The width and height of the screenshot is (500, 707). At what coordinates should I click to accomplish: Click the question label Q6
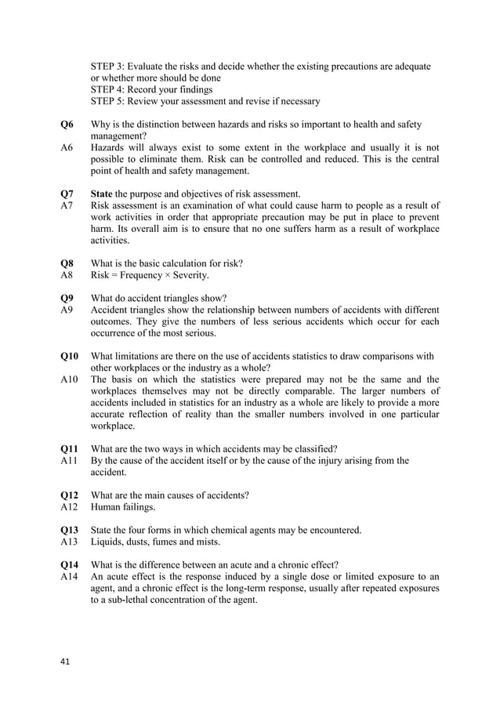(67, 125)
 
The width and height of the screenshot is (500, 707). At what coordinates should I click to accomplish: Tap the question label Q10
(70, 356)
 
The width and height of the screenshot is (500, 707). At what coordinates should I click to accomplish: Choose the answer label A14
(69, 577)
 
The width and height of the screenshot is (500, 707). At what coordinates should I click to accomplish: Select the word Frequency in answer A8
(143, 275)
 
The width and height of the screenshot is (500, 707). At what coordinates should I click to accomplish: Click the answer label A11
(69, 461)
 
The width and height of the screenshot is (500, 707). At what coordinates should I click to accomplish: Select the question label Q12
(70, 495)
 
